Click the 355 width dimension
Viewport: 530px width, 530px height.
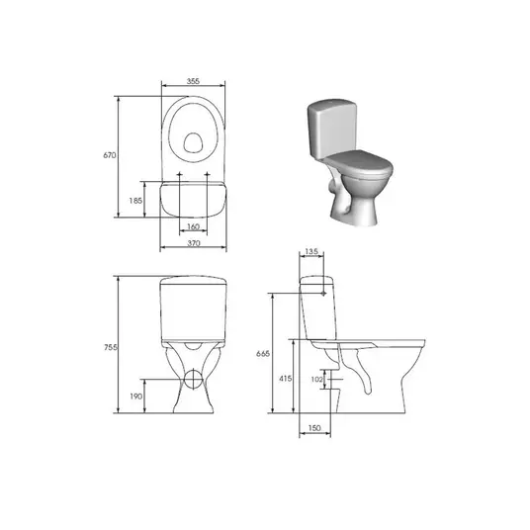pyautogui.click(x=193, y=81)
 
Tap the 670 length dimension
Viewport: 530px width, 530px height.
pyautogui.click(x=109, y=155)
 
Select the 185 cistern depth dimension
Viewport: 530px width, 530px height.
pyautogui.click(x=135, y=201)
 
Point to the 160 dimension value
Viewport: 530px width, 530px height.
pyautogui.click(x=193, y=226)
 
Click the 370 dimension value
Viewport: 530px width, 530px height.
pyautogui.click(x=194, y=243)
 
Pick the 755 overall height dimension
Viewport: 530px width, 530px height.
pyautogui.click(x=111, y=347)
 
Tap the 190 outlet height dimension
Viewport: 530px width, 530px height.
pyautogui.click(x=136, y=397)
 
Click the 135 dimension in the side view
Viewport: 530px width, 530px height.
pyautogui.click(x=311, y=251)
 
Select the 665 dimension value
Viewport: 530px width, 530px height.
pyautogui.click(x=263, y=354)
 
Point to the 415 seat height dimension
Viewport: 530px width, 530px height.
pyautogui.click(x=286, y=379)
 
